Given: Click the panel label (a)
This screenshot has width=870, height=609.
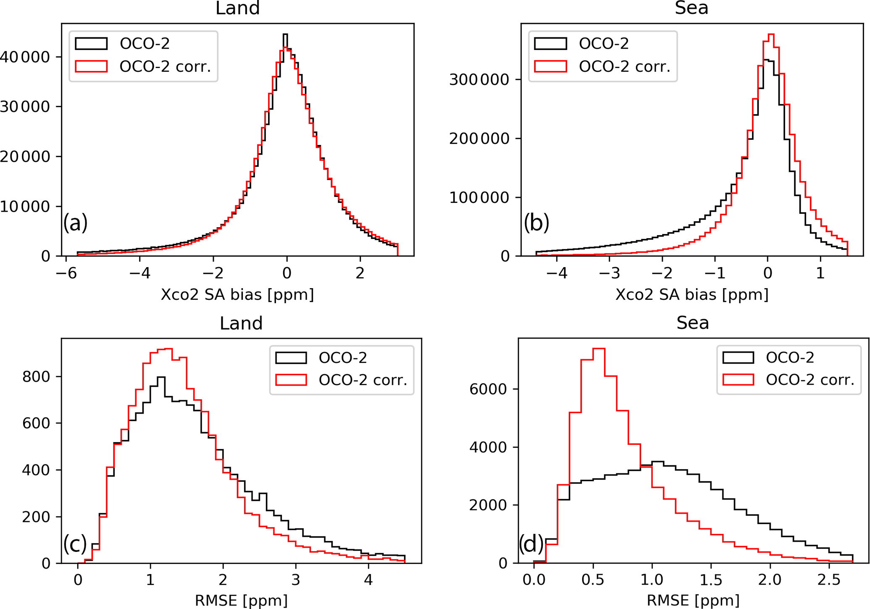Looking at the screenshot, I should pyautogui.click(x=76, y=223).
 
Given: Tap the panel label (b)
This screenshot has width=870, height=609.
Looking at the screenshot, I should pyautogui.click(x=536, y=223).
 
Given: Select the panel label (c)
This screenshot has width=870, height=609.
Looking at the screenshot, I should pyautogui.click(x=75, y=544).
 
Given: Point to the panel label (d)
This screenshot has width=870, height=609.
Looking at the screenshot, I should pyautogui.click(x=531, y=544).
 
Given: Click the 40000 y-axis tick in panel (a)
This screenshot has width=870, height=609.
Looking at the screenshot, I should pyautogui.click(x=25, y=57).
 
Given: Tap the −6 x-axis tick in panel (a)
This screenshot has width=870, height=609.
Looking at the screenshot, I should pyautogui.click(x=66, y=273).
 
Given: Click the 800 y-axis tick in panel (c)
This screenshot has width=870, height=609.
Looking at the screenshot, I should pyautogui.click(x=36, y=377).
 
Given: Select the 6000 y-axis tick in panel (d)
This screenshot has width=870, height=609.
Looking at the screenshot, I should pyautogui.click(x=488, y=389).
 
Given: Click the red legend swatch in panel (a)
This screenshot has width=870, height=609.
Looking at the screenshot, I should pyautogui.click(x=91, y=66).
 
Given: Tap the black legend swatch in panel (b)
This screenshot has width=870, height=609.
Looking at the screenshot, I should pyautogui.click(x=550, y=43).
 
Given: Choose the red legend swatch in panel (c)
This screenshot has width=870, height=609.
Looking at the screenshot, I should pyautogui.click(x=291, y=380).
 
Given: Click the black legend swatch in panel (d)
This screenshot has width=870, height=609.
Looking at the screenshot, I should pyautogui.click(x=738, y=357).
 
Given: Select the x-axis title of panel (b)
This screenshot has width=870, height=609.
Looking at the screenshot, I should pyautogui.click(x=692, y=295).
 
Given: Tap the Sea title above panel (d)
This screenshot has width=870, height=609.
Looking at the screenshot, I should pyautogui.click(x=693, y=323).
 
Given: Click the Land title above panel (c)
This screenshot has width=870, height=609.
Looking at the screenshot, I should pyautogui.click(x=241, y=323).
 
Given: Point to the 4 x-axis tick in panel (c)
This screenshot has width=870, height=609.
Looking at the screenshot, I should pyautogui.click(x=368, y=580).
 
